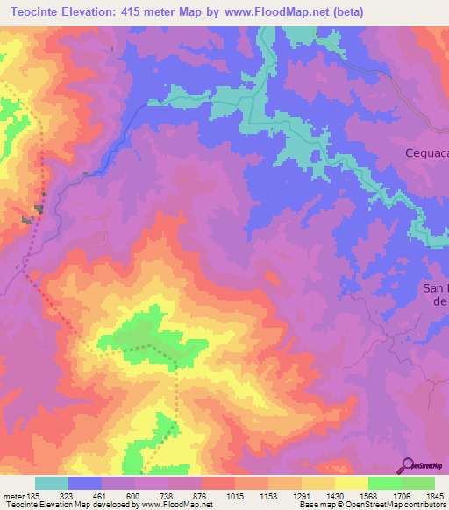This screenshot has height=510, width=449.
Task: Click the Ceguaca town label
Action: pos(426,153)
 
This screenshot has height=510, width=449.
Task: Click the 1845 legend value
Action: pos(424,496)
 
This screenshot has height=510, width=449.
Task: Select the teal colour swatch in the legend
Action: pos(52,483)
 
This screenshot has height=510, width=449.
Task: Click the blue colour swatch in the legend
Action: pos(85,483)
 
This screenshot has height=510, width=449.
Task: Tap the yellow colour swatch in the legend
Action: pos(351,483)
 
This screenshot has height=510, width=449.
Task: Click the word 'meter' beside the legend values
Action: pos(15,496)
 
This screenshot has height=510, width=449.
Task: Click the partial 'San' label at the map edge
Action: pos(436,287)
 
